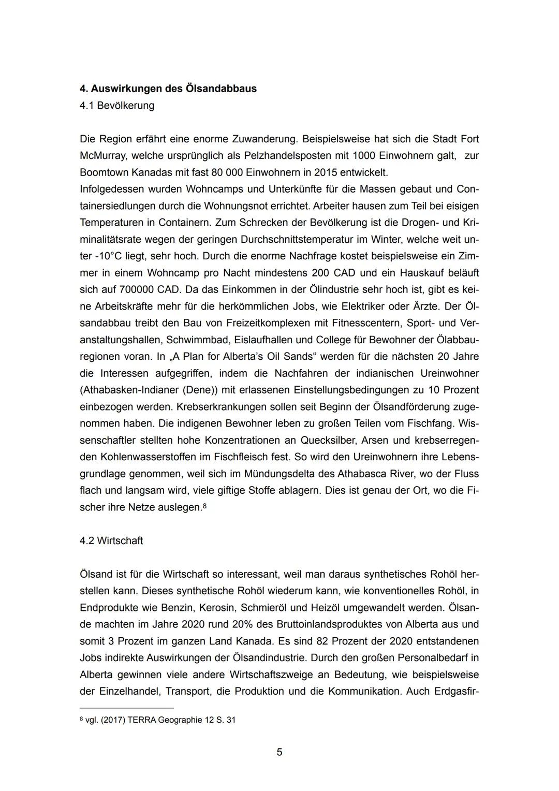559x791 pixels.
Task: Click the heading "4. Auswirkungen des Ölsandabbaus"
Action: pos(168,89)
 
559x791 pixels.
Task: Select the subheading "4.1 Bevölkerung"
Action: pos(117,106)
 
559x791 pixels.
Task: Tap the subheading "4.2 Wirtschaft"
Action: pos(111,541)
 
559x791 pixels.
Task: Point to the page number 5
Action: pos(279,752)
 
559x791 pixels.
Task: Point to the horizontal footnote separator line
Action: pos(127,708)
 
